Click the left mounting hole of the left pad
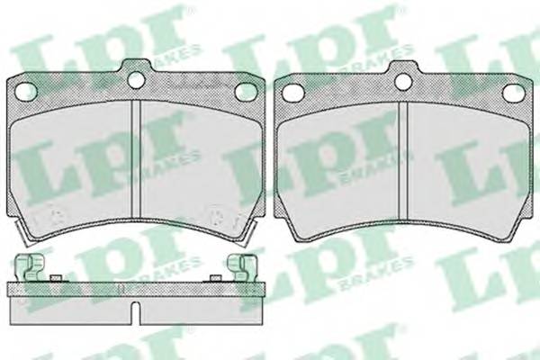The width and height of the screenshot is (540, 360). (x=26, y=91)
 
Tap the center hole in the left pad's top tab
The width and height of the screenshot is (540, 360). (x=137, y=79)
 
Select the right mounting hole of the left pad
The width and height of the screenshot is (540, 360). (x=247, y=92)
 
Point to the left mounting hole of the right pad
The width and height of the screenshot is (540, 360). (x=293, y=92)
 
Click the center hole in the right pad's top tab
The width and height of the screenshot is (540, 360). (x=403, y=81)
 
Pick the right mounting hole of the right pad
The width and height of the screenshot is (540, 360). (x=513, y=93)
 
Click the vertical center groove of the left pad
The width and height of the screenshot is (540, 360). (x=137, y=159)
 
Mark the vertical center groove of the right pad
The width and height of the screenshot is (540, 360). (x=403, y=161)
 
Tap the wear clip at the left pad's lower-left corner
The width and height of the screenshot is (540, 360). (x=22, y=234)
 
